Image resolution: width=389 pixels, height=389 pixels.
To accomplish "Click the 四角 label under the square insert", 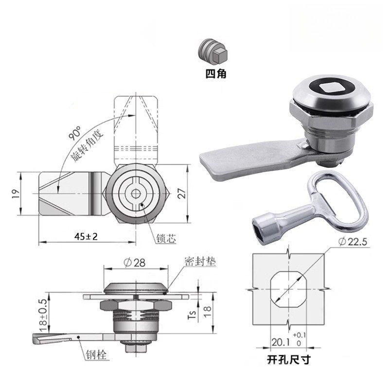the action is tap(215, 74).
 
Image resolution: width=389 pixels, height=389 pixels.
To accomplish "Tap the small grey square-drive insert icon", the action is tap(212, 53).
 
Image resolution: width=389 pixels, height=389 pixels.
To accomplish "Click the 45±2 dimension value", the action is tap(86, 236).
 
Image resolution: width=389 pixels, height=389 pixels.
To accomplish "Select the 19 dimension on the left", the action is tap(16, 194).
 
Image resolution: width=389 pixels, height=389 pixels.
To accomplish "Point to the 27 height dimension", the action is tap(182, 194).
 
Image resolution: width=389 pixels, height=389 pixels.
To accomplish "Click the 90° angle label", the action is tap(75, 133).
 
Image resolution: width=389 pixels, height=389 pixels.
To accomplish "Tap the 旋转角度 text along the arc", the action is tap(87, 146).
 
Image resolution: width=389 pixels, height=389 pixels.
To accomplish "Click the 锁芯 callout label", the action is tap(166, 238).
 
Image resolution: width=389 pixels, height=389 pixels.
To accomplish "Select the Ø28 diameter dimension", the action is tap(135, 263).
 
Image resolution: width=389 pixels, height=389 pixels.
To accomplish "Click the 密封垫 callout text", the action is tap(200, 262).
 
